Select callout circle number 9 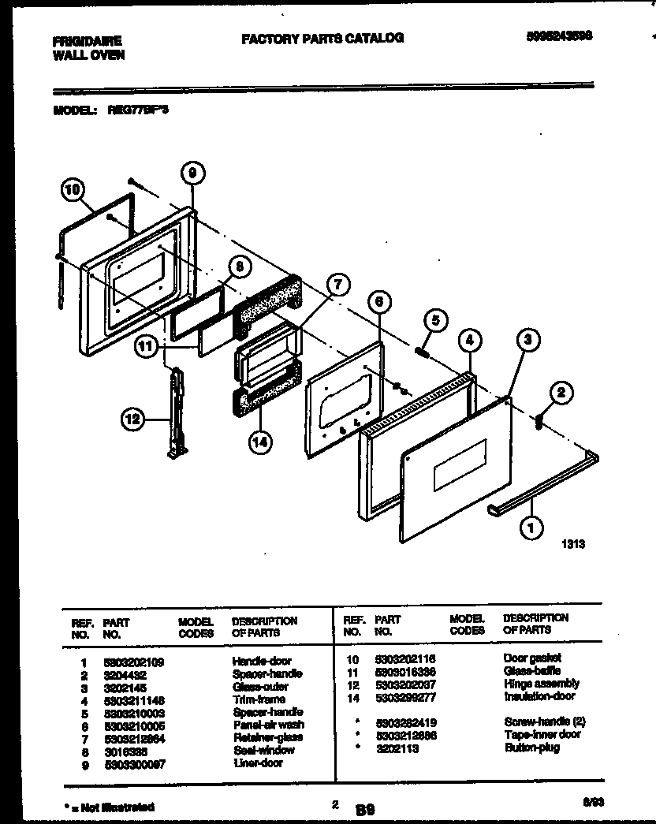[x=192, y=173]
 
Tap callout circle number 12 [x=135, y=420]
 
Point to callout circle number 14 [x=259, y=442]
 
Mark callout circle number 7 [x=337, y=285]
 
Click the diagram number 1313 [x=573, y=543]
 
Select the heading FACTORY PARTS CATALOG [x=322, y=38]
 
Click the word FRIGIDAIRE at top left [x=88, y=40]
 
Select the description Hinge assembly [x=541, y=684]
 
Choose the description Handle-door [x=262, y=661]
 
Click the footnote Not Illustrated [x=111, y=807]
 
